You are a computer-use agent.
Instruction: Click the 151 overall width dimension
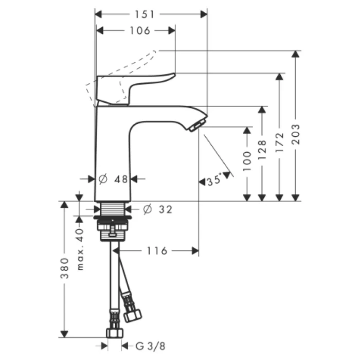tap(151, 14)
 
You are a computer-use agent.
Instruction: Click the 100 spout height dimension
tap(247, 160)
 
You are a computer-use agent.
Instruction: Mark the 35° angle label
tap(213, 181)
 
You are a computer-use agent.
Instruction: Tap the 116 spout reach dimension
tap(157, 251)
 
